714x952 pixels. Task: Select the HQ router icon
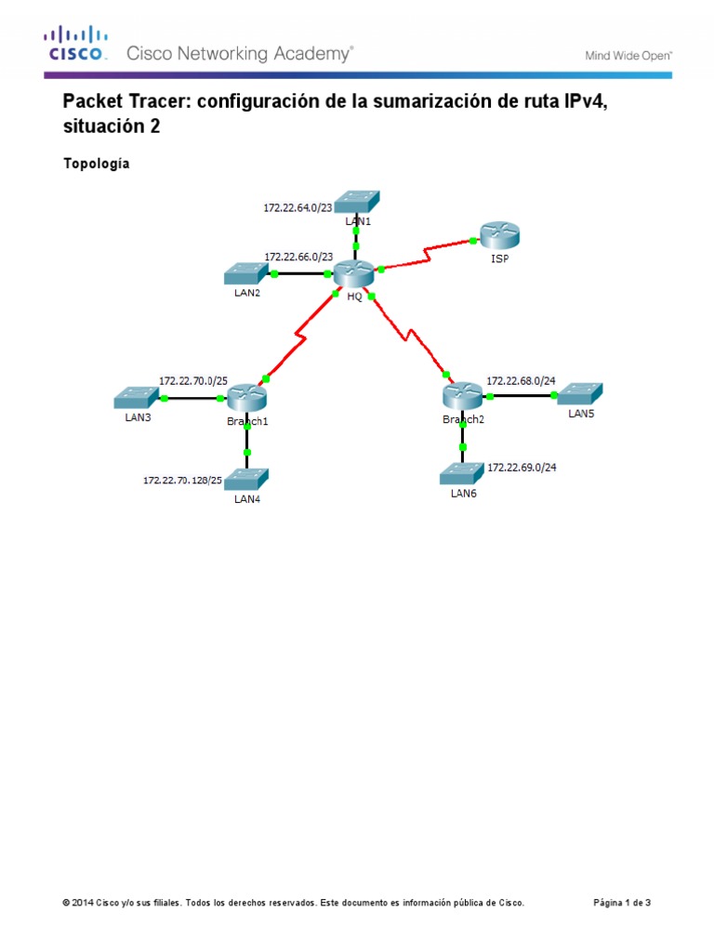[x=353, y=273]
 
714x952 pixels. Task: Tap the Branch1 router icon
[x=246, y=398]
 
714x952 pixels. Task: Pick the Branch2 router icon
[x=462, y=396]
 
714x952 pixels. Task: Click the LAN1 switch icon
[x=357, y=201]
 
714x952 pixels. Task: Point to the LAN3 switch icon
[x=138, y=398]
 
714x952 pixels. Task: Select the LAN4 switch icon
[x=246, y=479]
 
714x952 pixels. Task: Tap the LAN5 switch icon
[x=579, y=393]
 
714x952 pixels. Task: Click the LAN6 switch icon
[x=462, y=475]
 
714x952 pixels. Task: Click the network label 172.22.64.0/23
[x=297, y=208]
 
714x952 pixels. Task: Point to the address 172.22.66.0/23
[x=298, y=256]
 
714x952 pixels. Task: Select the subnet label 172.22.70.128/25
[x=182, y=481]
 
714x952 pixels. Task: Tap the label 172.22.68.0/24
[x=521, y=381]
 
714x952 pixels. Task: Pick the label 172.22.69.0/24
[x=522, y=467]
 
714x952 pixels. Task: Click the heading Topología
[x=96, y=165]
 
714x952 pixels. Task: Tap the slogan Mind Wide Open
[x=628, y=56]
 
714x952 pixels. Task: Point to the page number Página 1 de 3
[x=622, y=902]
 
